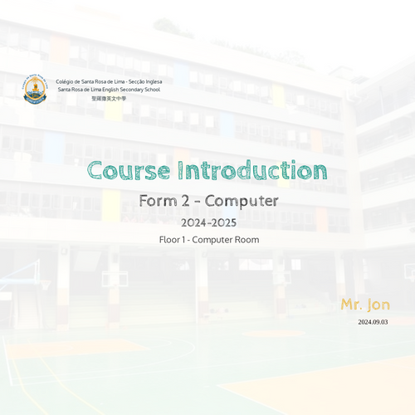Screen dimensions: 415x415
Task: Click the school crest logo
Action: [35, 89]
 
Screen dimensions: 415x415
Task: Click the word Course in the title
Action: [129, 170]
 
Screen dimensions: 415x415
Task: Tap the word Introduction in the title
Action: [253, 170]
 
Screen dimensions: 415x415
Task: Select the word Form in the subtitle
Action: [158, 200]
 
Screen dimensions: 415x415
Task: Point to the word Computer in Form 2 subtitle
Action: [242, 201]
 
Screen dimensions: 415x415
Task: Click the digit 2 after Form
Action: [186, 201]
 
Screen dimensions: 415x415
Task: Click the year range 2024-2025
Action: [209, 222]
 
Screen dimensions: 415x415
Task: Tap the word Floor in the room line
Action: [169, 240]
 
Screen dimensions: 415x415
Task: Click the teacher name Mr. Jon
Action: [365, 305]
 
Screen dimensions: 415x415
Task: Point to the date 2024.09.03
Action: [373, 322]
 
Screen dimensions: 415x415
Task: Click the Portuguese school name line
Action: [109, 81]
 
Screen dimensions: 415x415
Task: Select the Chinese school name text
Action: [109, 98]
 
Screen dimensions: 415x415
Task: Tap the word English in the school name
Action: [110, 90]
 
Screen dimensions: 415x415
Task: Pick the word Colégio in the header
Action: [65, 81]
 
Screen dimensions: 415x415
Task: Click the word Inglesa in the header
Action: [154, 81]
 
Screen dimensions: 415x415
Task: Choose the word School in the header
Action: [152, 90]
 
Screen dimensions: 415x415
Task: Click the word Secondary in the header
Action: [132, 90]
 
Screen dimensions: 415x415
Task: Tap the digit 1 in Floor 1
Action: [183, 240]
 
